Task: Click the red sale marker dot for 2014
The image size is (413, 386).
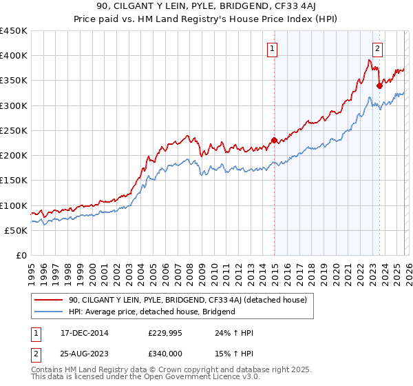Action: pyautogui.click(x=274, y=140)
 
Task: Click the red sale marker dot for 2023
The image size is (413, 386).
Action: pyautogui.click(x=379, y=85)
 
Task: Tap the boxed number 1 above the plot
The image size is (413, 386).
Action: pyautogui.click(x=273, y=48)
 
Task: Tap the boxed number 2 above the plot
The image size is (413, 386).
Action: pyautogui.click(x=378, y=48)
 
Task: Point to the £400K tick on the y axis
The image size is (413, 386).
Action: pyautogui.click(x=14, y=56)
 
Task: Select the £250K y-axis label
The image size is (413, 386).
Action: pyautogui.click(x=14, y=130)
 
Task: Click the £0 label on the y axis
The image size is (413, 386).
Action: pyautogui.click(x=21, y=255)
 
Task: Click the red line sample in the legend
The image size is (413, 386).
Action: pyautogui.click(x=50, y=300)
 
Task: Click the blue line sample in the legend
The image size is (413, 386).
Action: pyautogui.click(x=50, y=312)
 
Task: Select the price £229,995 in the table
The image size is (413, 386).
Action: pyautogui.click(x=165, y=334)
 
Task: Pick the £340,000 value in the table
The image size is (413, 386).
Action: pyautogui.click(x=165, y=356)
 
